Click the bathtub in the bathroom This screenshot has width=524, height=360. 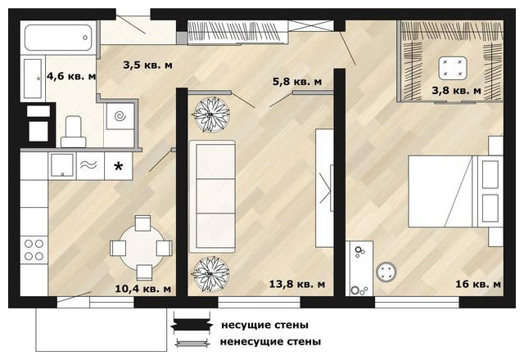58,38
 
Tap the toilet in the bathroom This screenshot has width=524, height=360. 73,132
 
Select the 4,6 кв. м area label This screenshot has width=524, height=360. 71,76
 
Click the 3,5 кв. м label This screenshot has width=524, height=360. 147,65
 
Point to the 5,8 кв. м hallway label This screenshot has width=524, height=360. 297,82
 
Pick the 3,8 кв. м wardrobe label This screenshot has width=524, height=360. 457,91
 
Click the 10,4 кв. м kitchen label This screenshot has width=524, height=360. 143,289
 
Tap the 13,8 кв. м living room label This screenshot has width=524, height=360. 297,284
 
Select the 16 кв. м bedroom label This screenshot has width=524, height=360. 478,284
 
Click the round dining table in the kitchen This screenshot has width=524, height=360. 142,247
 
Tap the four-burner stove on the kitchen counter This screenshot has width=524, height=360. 34,250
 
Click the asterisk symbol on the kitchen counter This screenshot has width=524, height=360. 118,166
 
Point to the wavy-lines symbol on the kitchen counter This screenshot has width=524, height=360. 88,164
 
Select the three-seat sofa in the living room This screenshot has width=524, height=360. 213,196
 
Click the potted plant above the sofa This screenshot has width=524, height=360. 211,115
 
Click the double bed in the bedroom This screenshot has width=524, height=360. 455,191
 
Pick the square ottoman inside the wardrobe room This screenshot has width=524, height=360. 453,68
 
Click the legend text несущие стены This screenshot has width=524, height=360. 264,325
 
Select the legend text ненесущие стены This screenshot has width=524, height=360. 270,342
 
